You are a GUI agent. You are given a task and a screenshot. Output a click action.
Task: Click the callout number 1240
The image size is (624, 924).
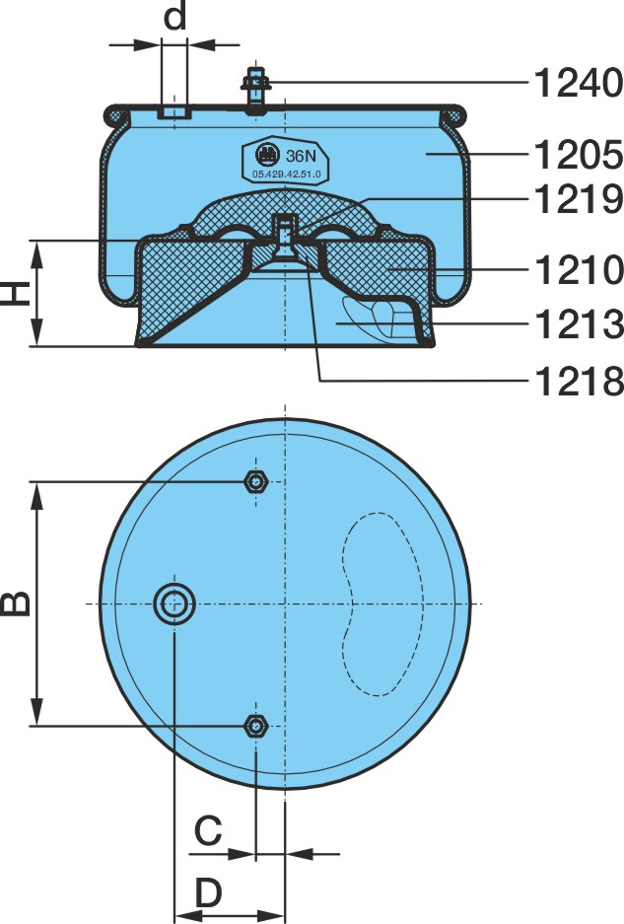tap(578, 83)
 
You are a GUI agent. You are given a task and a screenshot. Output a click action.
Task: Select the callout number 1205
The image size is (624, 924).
tap(578, 155)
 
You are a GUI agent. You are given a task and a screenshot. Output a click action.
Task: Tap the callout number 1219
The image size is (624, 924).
tap(578, 198)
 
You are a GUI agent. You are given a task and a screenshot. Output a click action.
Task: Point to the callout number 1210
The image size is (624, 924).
tap(578, 269)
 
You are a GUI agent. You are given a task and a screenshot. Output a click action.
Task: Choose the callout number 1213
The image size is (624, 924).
tap(578, 323)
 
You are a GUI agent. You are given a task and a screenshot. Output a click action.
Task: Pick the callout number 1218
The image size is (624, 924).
tap(578, 381)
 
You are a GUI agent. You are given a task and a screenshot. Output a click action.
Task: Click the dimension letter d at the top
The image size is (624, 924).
tap(174, 17)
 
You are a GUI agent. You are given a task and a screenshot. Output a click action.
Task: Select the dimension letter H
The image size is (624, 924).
tap(16, 293)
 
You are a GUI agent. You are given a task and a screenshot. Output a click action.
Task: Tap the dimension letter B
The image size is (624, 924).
tap(16, 603)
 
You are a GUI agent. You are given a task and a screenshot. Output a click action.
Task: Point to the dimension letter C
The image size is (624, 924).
tap(208, 830)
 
